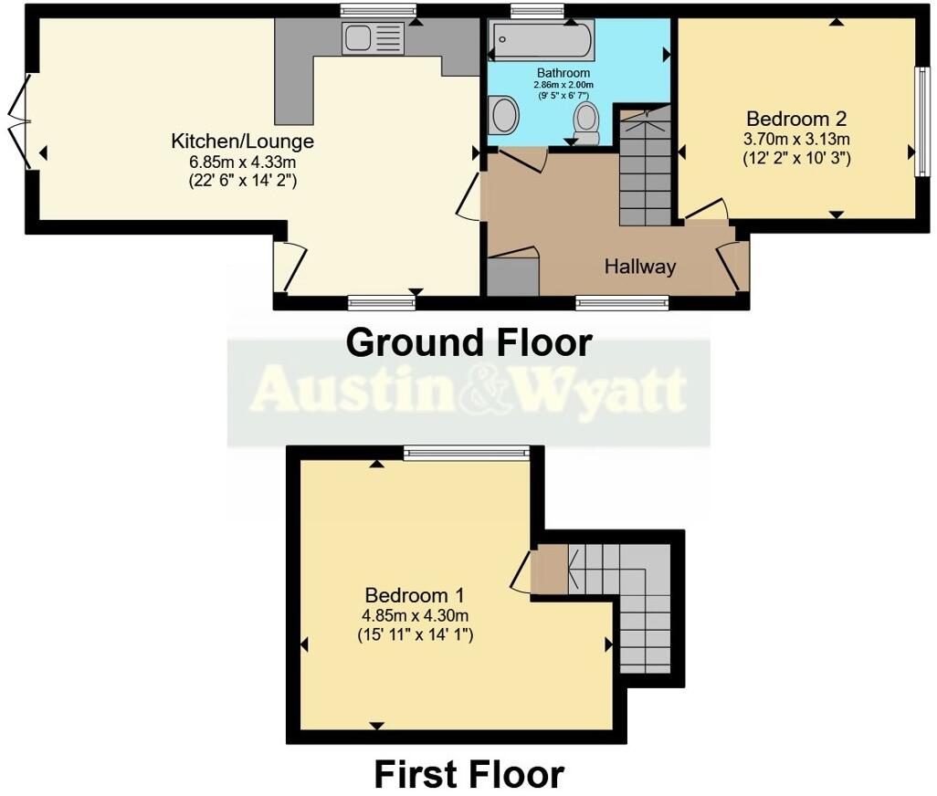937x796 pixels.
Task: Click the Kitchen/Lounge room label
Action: [x=243, y=141]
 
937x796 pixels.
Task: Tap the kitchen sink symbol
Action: [x=372, y=38]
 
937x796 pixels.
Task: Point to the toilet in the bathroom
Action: [x=586, y=120]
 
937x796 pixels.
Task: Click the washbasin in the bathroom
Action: [x=503, y=117]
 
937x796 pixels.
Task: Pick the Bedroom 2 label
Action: [x=797, y=119]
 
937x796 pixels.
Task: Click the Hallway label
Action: [x=640, y=267]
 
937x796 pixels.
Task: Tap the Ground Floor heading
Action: [x=469, y=343]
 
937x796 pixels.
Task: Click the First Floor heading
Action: [x=468, y=774]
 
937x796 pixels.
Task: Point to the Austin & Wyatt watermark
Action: [x=468, y=391]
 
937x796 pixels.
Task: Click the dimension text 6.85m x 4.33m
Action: [x=243, y=162]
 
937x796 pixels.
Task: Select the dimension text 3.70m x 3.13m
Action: [x=797, y=140]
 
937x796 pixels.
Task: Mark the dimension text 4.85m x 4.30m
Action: [x=414, y=614]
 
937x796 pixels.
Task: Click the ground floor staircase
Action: [x=645, y=169]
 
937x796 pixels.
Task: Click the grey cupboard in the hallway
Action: [x=512, y=277]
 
